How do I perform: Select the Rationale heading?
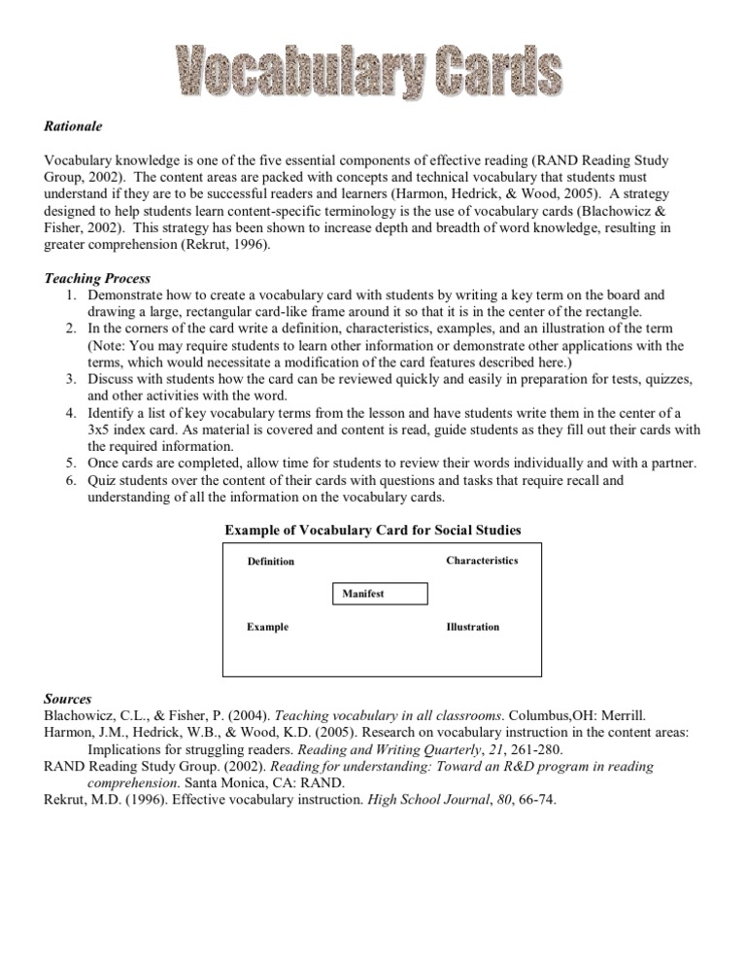pos(73,126)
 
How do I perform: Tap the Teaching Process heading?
pos(97,279)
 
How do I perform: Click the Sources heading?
pos(68,699)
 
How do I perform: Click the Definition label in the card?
pos(270,562)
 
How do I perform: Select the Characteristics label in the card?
pos(482,561)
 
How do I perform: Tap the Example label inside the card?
pos(267,627)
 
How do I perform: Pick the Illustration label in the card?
pos(473,627)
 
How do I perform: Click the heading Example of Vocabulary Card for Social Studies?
pos(373,530)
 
